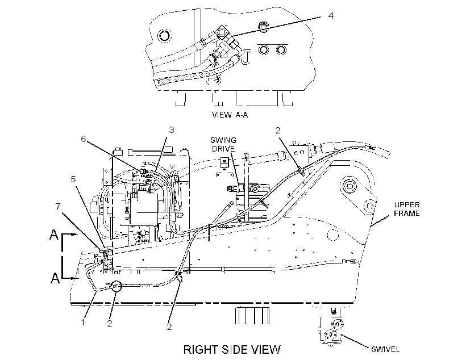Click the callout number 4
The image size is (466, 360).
pos(331,15)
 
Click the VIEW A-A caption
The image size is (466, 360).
pos(230,115)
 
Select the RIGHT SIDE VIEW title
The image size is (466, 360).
pos(232,349)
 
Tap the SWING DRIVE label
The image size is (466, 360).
pos(223,144)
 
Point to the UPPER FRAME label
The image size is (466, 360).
pos(406,209)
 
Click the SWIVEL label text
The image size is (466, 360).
pos(385,349)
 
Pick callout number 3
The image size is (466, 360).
pos(172,130)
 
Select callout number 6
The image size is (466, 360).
pos(84,139)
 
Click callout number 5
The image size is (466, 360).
pos(73,179)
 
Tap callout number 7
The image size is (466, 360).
pos(58,206)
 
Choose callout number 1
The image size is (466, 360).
pos(83,322)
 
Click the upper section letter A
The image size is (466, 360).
pos(54,235)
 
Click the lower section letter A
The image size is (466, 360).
pos(55,278)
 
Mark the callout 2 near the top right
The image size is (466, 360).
pos(278,131)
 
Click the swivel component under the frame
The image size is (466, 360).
pos(332,330)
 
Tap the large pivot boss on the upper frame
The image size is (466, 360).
pos(350,187)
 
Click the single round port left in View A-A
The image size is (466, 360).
pos(164,36)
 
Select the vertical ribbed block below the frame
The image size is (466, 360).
pos(252,316)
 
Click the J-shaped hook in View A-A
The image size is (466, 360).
pos(246,57)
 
